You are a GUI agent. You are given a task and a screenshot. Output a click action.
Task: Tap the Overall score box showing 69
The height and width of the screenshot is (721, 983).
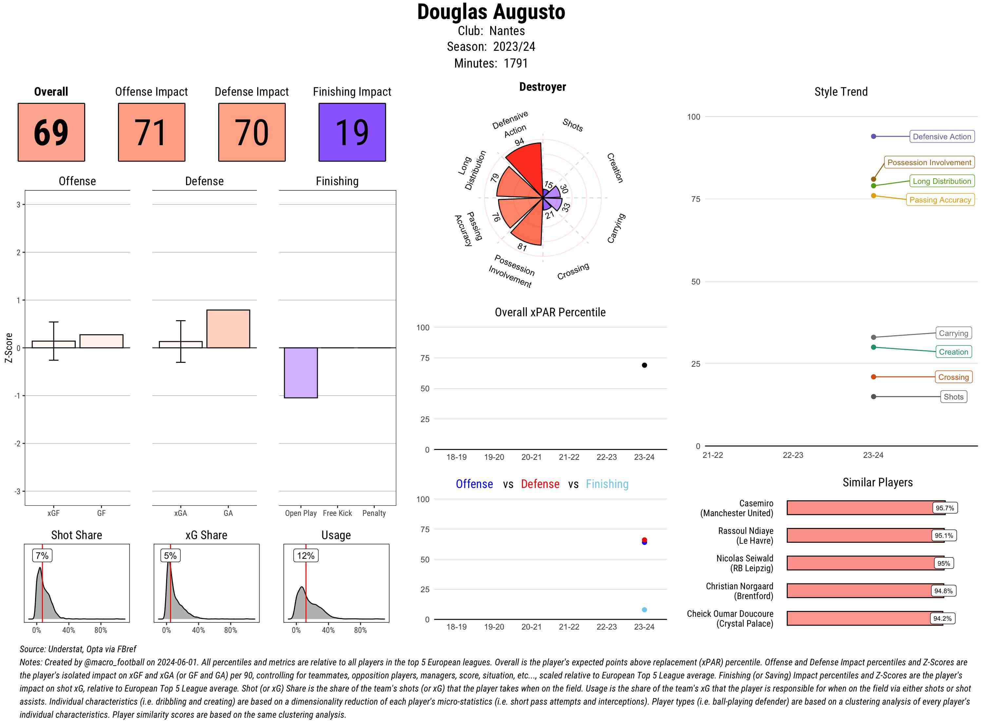click(51, 132)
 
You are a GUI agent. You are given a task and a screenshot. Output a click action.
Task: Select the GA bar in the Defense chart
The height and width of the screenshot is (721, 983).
click(228, 329)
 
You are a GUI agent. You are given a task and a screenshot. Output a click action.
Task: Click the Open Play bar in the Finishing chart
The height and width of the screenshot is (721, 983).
click(300, 372)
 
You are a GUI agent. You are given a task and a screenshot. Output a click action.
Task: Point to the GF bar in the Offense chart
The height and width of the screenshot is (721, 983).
click(101, 341)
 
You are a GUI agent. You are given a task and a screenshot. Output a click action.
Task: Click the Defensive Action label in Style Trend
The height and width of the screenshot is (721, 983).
click(942, 137)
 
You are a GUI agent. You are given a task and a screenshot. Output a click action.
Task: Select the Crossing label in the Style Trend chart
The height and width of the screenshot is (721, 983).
click(953, 377)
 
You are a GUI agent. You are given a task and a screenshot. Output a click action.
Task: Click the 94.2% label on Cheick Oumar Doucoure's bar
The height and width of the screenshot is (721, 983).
click(942, 618)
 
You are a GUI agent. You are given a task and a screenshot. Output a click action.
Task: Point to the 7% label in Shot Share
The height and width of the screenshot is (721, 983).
click(42, 555)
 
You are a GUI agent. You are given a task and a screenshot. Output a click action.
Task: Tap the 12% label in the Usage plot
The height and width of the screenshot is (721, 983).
click(305, 555)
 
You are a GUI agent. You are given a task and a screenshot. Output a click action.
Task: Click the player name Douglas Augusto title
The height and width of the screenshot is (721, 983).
click(491, 12)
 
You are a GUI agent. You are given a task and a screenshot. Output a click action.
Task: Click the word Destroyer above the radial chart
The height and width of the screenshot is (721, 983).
click(542, 87)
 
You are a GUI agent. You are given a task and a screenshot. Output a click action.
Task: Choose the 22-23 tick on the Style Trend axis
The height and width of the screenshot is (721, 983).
click(792, 455)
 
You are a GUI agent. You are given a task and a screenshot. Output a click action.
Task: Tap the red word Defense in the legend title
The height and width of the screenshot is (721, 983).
click(540, 484)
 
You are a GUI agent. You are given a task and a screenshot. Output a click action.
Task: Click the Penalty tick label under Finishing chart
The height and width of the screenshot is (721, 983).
click(374, 513)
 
